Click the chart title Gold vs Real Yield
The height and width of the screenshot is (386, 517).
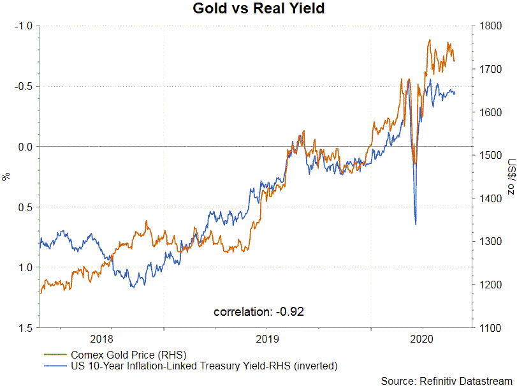click(x=258, y=9)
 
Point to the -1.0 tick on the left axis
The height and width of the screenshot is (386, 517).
click(x=23, y=26)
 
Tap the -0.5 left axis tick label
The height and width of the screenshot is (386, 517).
click(x=23, y=86)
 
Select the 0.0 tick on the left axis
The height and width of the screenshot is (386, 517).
click(x=24, y=147)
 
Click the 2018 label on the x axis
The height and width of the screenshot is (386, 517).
click(x=102, y=339)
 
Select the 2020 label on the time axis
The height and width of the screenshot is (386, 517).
click(x=423, y=339)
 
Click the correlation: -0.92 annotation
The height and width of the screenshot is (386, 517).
click(x=259, y=312)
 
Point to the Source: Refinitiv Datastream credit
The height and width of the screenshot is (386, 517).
click(x=446, y=380)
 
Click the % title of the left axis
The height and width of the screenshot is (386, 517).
click(x=7, y=177)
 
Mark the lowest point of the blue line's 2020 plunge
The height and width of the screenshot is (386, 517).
click(x=416, y=224)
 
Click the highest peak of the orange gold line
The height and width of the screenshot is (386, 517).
click(x=429, y=40)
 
